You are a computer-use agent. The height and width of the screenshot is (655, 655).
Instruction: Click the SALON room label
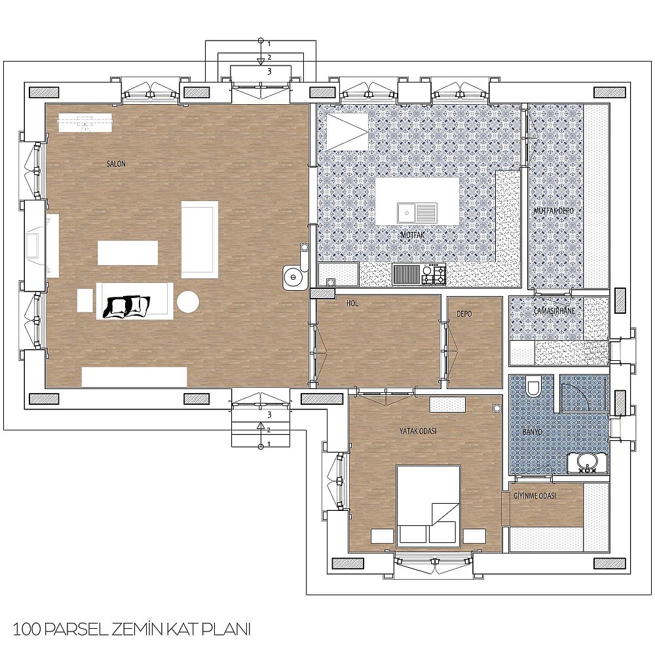[x=116, y=164]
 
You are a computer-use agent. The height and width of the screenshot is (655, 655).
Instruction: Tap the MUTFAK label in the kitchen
[x=413, y=235]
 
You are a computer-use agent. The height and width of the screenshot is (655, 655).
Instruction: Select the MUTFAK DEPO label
[x=553, y=211]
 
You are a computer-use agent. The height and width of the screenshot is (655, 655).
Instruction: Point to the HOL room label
[x=352, y=304]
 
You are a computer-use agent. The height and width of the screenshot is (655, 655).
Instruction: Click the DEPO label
[x=464, y=313]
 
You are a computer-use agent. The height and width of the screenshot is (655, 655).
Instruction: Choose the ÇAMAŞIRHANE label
[x=554, y=310]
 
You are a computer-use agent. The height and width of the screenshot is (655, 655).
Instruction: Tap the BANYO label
[x=532, y=432]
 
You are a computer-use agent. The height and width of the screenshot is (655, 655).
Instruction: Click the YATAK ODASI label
[x=418, y=431]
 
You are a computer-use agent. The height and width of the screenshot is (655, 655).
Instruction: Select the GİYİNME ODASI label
[x=534, y=496]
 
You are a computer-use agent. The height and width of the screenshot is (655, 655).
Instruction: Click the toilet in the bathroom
[x=533, y=386]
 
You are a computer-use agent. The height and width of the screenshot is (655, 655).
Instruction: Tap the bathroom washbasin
[x=588, y=462]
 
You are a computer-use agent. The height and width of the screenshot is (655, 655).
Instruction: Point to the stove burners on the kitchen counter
[x=434, y=274]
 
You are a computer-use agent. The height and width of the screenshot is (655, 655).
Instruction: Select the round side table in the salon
[x=187, y=301]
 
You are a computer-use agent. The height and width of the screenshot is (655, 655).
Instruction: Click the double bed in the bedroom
[x=428, y=506]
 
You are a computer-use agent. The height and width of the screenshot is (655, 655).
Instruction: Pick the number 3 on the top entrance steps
[x=269, y=71]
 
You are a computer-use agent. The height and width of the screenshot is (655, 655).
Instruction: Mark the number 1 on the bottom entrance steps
[x=269, y=444]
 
